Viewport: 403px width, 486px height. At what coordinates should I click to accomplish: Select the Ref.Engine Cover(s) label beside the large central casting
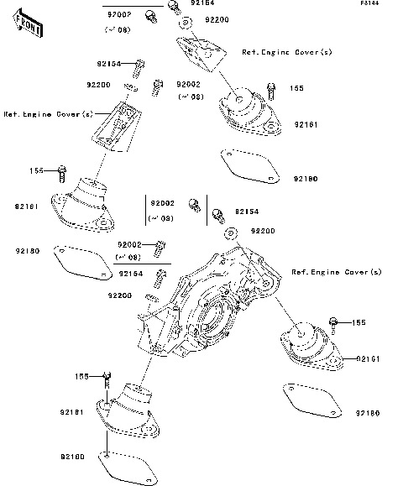coord(336,273)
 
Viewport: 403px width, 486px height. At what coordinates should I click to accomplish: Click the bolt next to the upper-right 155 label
coord(270,88)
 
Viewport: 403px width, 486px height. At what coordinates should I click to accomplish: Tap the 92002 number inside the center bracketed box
coord(162,203)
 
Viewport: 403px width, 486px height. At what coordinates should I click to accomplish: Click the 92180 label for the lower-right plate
coord(368,413)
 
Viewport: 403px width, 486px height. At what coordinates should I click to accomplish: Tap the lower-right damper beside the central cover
coord(306,346)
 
